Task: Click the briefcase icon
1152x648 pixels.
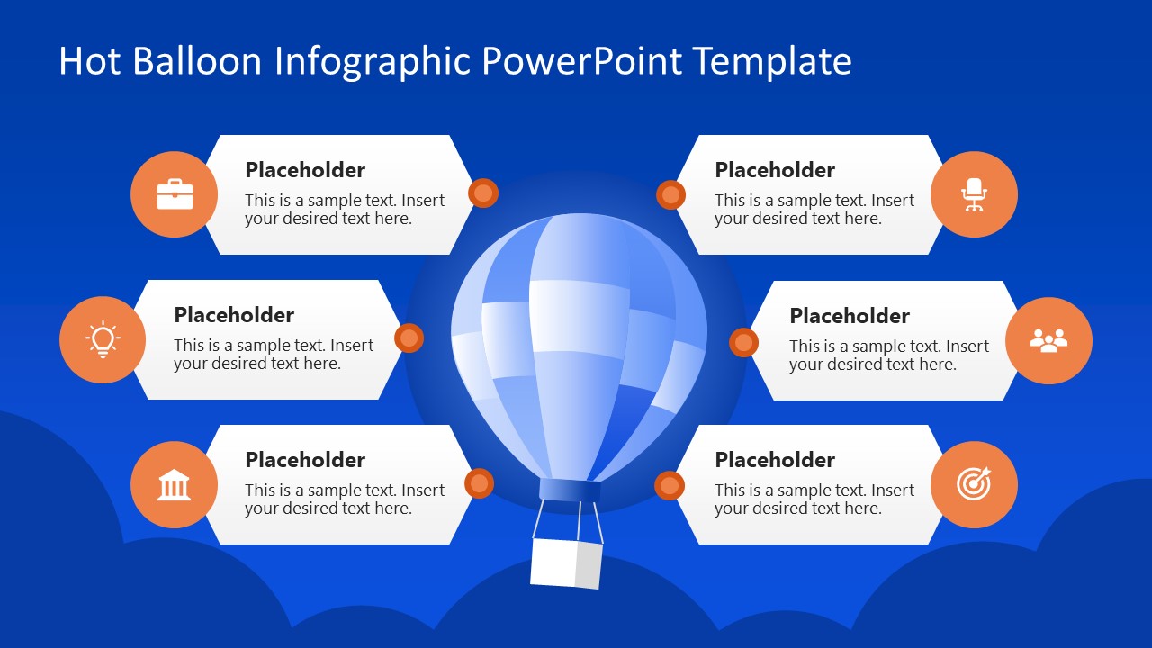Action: point(175,194)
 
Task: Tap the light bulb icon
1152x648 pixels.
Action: point(103,339)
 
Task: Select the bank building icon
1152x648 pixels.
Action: point(175,485)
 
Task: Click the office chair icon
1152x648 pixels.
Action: point(974,194)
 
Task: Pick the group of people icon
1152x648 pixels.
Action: point(1048,340)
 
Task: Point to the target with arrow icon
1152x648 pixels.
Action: point(974,484)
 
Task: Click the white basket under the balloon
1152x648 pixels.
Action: point(566,562)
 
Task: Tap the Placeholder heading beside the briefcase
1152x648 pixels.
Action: point(305,170)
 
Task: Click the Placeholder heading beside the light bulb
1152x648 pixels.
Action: point(234,315)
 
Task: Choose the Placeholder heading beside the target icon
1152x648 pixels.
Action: point(775,460)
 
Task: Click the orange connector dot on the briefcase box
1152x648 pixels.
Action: point(483,193)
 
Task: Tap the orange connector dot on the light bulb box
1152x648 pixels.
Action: point(409,337)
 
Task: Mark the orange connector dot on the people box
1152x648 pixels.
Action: point(743,342)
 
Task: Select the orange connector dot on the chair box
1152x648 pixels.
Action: point(670,194)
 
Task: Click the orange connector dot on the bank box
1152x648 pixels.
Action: point(479,483)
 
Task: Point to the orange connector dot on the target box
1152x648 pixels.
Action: point(670,485)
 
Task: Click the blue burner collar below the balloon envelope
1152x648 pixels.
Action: point(570,490)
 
